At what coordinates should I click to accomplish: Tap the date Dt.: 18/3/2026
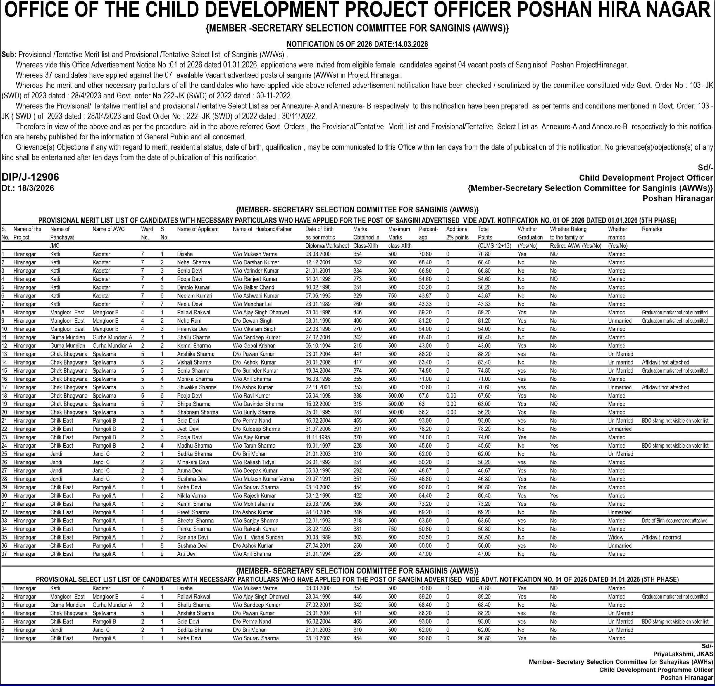(x=28, y=188)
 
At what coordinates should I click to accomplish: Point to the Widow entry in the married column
(x=616, y=537)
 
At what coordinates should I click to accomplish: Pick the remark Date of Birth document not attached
(x=675, y=521)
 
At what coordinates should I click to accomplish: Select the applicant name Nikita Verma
(x=192, y=496)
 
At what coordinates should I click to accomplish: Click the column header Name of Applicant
(x=198, y=229)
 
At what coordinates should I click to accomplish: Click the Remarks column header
(x=652, y=229)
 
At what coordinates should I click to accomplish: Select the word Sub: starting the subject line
(x=9, y=55)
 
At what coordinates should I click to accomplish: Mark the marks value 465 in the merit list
(x=358, y=421)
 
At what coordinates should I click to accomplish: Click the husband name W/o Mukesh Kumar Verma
(x=263, y=479)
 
